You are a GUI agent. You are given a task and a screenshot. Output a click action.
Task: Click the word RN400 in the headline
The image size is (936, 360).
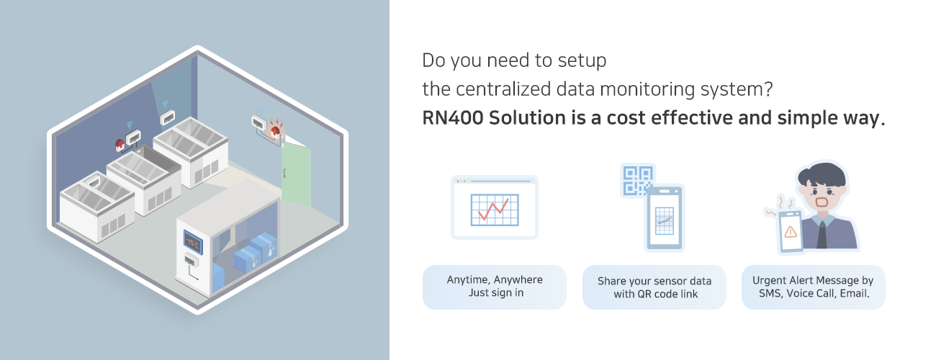452,118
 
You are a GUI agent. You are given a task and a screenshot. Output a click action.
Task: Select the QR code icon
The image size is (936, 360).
636,181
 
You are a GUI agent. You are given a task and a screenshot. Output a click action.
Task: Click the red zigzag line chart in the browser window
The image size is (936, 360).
493,210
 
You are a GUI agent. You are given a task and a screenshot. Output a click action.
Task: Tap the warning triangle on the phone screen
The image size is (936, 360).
790,231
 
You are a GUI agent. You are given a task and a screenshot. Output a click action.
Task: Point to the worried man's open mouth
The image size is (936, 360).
822,202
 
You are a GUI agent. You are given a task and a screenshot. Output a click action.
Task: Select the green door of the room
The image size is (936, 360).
296,174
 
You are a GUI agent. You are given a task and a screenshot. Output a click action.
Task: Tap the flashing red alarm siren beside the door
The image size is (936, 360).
275,131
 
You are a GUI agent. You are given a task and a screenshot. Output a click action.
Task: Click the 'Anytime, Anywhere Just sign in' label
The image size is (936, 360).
495,287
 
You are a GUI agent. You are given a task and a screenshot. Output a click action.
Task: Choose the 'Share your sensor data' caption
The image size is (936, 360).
654,281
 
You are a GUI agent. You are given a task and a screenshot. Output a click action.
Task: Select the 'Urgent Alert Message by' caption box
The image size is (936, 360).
813,287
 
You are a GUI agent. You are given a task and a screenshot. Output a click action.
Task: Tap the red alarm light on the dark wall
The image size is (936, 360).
120,145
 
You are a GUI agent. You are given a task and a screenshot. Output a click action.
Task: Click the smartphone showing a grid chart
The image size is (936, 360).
665,218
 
